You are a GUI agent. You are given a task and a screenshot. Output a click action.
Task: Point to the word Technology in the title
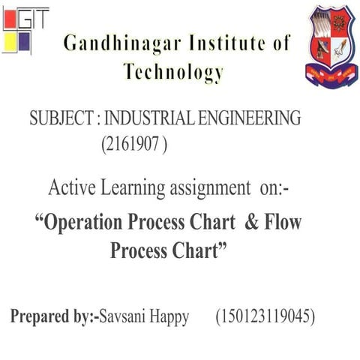(x=174, y=72)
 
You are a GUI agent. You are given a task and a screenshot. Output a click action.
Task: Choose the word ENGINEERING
(x=250, y=118)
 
